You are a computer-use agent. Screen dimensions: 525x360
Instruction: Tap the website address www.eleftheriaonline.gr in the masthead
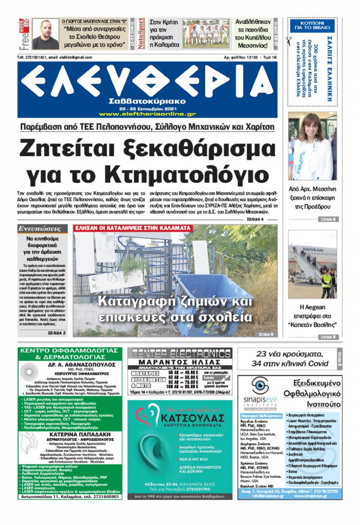point(147,114)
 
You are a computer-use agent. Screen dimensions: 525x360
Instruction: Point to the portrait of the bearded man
point(45,34)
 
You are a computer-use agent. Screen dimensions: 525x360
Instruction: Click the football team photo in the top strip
point(206,33)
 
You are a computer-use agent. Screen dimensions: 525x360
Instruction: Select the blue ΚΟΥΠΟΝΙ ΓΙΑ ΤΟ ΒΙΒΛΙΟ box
point(312,26)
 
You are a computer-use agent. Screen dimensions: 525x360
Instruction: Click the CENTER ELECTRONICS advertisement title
point(180,354)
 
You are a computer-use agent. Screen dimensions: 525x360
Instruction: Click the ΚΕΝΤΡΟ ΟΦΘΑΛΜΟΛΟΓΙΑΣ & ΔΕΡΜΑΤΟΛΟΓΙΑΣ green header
point(69,353)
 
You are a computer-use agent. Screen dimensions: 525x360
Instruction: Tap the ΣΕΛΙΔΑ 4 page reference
point(255,219)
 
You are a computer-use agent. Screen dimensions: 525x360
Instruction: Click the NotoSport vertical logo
point(141,34)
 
